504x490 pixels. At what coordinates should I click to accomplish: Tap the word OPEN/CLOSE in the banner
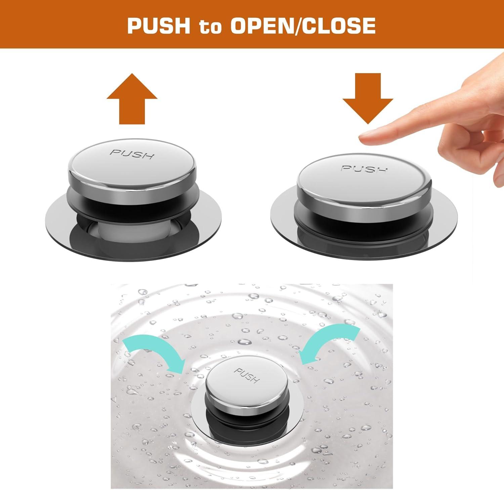303,26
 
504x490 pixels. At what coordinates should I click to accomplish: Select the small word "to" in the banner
210,27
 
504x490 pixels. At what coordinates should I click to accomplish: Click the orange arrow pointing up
132,98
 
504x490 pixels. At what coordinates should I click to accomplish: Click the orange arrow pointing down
368,98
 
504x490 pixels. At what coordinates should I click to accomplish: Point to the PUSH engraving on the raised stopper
132,154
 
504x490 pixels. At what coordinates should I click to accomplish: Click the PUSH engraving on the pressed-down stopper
364,169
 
